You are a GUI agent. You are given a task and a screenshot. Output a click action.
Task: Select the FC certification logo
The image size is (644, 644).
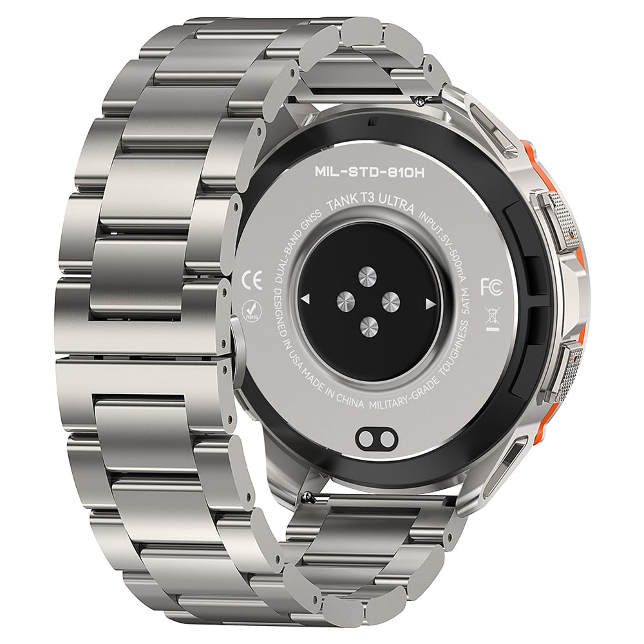coord(491,287)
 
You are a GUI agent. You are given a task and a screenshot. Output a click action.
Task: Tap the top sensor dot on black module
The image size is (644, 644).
coord(367,277)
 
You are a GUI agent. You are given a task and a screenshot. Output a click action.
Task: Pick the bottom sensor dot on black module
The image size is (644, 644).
coord(369,327)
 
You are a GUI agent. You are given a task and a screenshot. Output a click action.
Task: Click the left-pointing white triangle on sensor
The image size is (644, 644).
coord(305,299)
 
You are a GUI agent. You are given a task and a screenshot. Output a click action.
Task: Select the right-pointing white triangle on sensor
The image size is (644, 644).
coord(430,305)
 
